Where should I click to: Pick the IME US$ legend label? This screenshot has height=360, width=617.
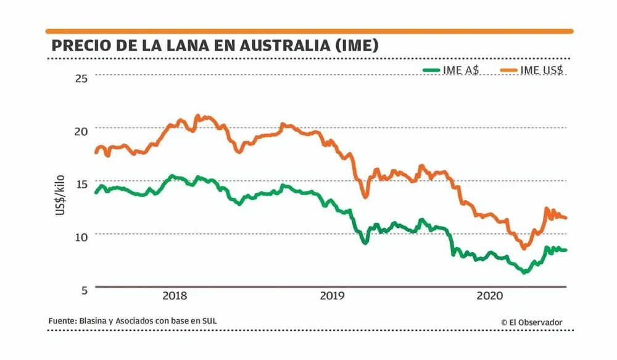click(542, 70)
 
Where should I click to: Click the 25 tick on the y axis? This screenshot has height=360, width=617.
click(82, 77)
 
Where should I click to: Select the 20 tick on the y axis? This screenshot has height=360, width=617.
click(82, 130)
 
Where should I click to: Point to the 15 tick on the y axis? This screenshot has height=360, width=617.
click(82, 183)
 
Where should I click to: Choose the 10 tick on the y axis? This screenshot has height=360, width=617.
click(82, 236)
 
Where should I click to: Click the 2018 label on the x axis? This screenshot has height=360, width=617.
click(175, 296)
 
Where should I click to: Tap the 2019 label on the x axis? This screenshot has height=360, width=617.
click(333, 296)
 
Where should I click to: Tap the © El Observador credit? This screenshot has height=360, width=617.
click(531, 322)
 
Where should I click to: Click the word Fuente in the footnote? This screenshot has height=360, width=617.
click(61, 321)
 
